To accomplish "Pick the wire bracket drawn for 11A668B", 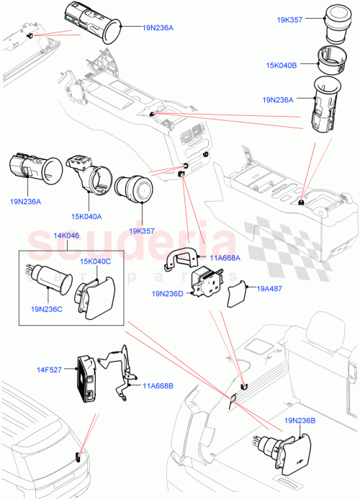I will tap(118, 367).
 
